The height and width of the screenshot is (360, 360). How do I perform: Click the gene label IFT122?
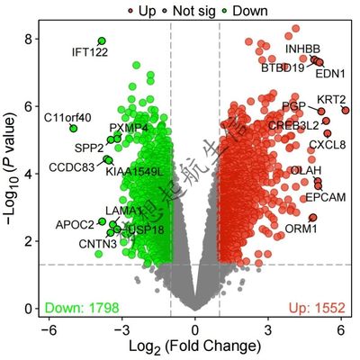click(90, 53)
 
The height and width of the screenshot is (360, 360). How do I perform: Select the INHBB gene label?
click(302, 48)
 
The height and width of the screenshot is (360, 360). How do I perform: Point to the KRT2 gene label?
click(332, 99)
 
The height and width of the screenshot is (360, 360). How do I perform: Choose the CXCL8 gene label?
click(327, 144)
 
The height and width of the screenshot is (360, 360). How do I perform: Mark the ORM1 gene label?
click(301, 229)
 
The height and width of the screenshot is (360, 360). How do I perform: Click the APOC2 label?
click(75, 224)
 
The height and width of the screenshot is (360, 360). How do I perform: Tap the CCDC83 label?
click(71, 166)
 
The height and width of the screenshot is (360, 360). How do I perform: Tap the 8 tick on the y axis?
click(29, 39)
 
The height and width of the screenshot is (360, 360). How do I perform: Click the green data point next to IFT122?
click(102, 41)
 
